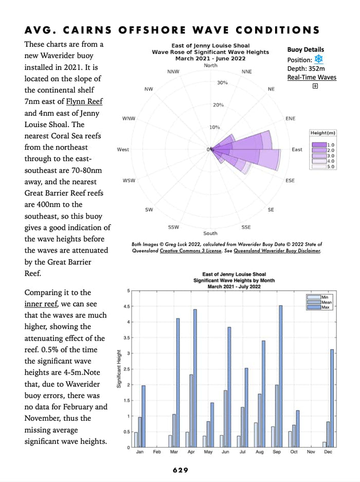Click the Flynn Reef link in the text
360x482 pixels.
coord(84,101)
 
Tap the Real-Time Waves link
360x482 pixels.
coord(312,77)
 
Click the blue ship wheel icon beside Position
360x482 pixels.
coord(319,59)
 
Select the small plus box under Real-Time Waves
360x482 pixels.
coord(315,86)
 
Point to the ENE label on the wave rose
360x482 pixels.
coord(290,118)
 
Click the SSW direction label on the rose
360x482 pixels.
coord(173,227)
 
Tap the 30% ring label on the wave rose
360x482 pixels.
coord(222,83)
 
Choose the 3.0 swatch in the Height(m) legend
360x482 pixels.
coord(319,155)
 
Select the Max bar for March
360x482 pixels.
coord(178,383)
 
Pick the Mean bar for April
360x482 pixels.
coord(191,410)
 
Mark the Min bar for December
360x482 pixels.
coord(325,444)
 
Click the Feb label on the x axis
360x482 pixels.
coord(157,452)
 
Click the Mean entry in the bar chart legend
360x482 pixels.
coord(327,302)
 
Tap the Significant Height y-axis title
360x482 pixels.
coord(119,368)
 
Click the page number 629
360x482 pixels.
coord(181,470)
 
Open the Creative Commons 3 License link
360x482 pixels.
coord(191,251)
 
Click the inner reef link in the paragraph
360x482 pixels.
coord(41,304)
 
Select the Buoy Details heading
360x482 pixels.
coord(305,49)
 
